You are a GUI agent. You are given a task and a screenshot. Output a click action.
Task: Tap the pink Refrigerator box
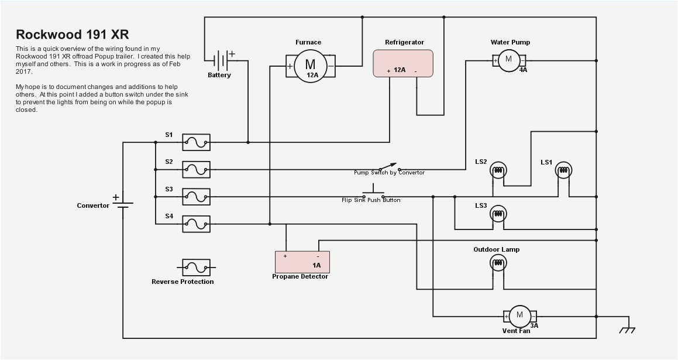tap(403, 63)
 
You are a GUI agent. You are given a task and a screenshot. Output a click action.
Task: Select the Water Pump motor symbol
tap(508, 59)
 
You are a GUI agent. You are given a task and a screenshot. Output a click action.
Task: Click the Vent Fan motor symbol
tap(519, 316)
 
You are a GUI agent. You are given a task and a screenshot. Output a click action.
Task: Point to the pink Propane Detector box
tap(302, 262)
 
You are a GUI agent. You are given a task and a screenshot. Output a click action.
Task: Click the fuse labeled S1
tap(196, 142)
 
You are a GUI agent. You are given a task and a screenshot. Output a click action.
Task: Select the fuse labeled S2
tap(196, 170)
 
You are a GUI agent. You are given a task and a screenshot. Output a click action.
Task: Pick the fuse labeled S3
tap(196, 197)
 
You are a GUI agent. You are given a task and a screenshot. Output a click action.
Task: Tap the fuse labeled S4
tap(196, 224)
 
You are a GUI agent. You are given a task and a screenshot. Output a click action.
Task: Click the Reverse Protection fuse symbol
tap(196, 268)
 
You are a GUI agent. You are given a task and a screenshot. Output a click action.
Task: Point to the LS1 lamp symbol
tap(563, 171)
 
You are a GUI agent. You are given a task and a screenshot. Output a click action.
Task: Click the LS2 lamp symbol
tap(498, 171)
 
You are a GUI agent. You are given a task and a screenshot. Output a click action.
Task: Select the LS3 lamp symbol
tap(498, 214)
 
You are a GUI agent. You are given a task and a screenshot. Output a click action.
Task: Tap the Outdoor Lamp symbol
tap(498, 263)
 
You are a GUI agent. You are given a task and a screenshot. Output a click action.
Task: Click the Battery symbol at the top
tap(221, 60)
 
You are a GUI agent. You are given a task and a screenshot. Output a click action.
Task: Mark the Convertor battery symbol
tap(123, 204)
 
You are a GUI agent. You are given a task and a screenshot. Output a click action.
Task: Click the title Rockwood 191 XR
tap(72, 34)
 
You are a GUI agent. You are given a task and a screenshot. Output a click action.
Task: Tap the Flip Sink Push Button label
tap(371, 200)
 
